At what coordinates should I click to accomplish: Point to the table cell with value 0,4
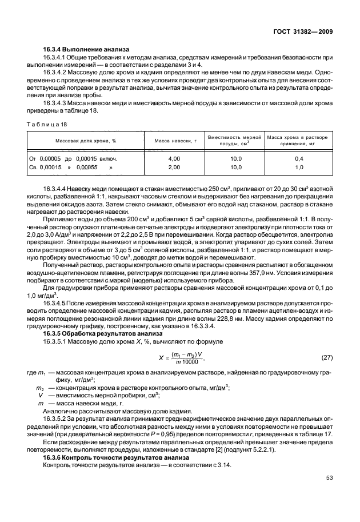(298, 158)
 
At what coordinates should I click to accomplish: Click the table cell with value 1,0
(298, 167)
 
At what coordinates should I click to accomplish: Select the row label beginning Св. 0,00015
(70, 167)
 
